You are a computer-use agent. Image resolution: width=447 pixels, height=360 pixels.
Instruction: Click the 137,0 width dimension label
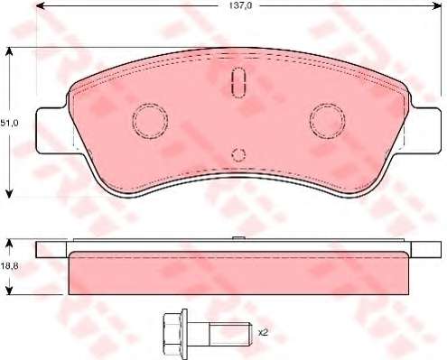pos(240,6)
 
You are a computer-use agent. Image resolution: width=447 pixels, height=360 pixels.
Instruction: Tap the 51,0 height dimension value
pos(9,123)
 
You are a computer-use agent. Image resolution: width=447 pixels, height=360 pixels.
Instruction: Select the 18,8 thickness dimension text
pos(9,266)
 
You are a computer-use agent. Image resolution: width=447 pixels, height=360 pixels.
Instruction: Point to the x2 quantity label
pos(263,333)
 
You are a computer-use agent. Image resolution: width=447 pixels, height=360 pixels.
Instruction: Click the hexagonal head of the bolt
pos(173,333)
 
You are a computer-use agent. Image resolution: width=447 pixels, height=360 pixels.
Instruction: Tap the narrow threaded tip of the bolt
pos(230,333)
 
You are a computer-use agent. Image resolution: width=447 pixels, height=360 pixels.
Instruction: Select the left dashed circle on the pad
pos(150,121)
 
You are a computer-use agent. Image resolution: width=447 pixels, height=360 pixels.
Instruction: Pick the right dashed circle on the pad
pos(327,121)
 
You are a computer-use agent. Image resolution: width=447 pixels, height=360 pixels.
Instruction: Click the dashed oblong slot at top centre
pos(238,82)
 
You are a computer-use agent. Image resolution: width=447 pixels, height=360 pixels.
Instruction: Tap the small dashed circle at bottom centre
pos(238,154)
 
